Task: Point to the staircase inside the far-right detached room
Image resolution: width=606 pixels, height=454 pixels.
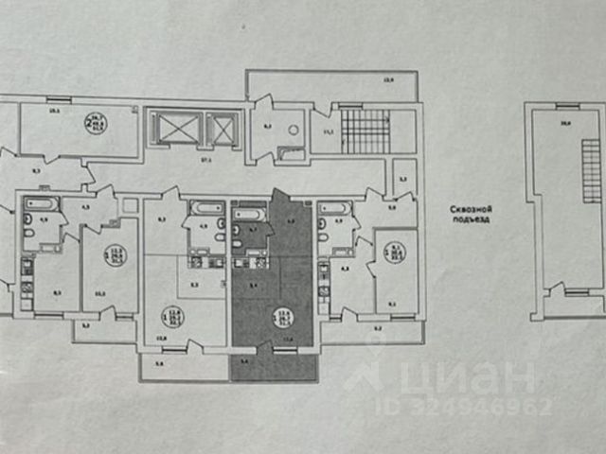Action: point(591,166)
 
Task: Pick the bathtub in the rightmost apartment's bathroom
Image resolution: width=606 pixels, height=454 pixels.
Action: point(333,206)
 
